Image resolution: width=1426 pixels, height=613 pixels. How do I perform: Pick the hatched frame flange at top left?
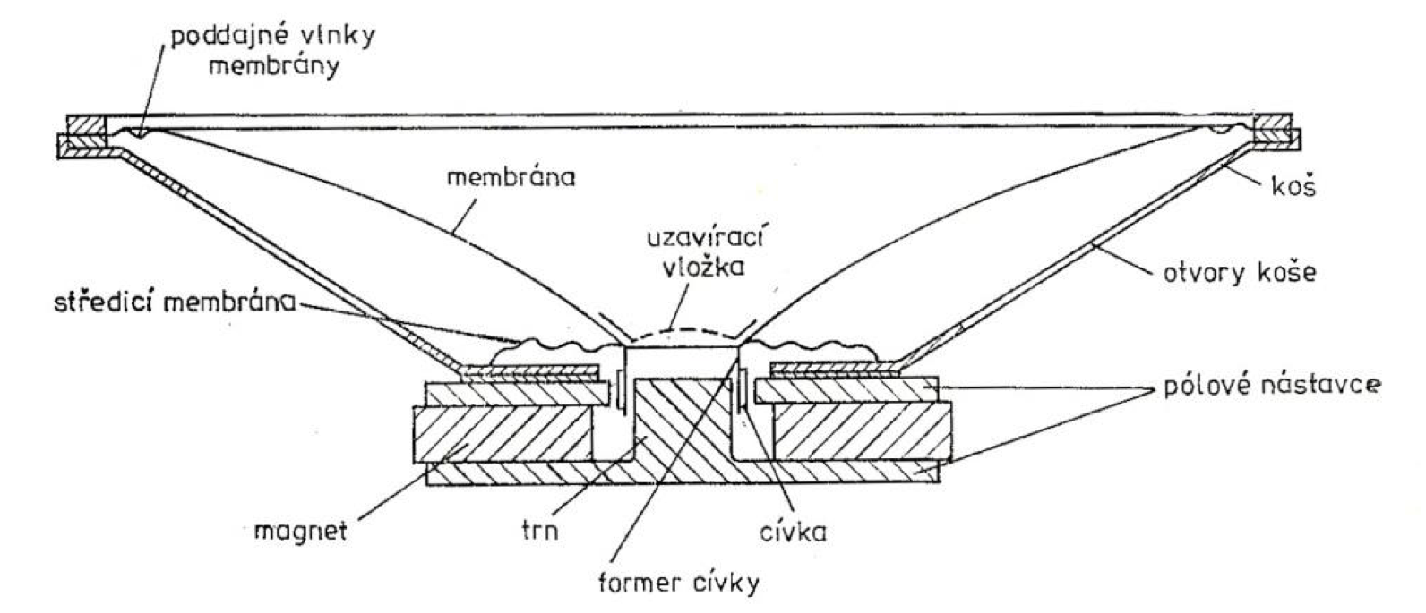(x=86, y=135)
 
